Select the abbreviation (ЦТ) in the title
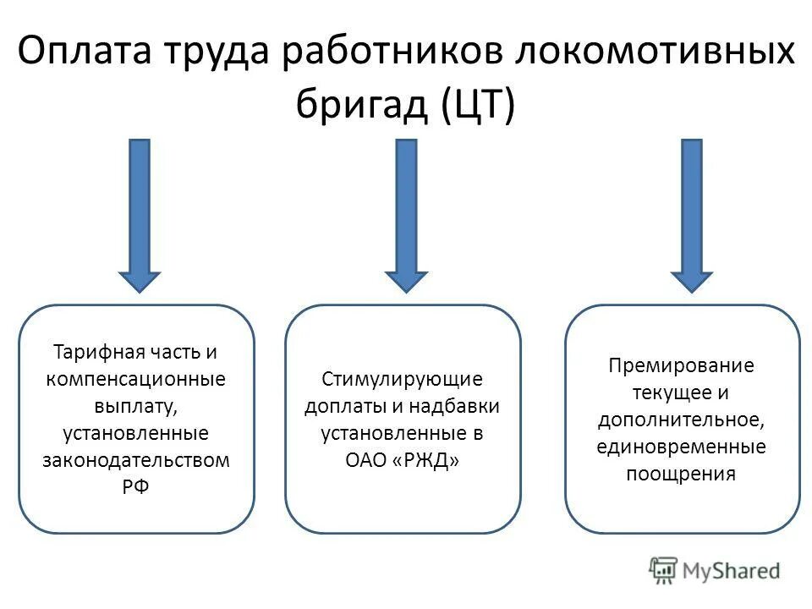pos(476,107)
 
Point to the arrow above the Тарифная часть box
pos(140,216)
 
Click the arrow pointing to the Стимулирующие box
pos(406,216)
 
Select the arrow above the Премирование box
pos(692,216)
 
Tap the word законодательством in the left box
pos(136,460)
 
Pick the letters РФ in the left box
pos(136,487)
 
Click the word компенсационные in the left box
pos(136,378)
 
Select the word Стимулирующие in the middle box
pos(402,378)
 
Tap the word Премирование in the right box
pos(681,365)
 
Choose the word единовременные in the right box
pos(681,447)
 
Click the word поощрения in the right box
pos(681,474)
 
